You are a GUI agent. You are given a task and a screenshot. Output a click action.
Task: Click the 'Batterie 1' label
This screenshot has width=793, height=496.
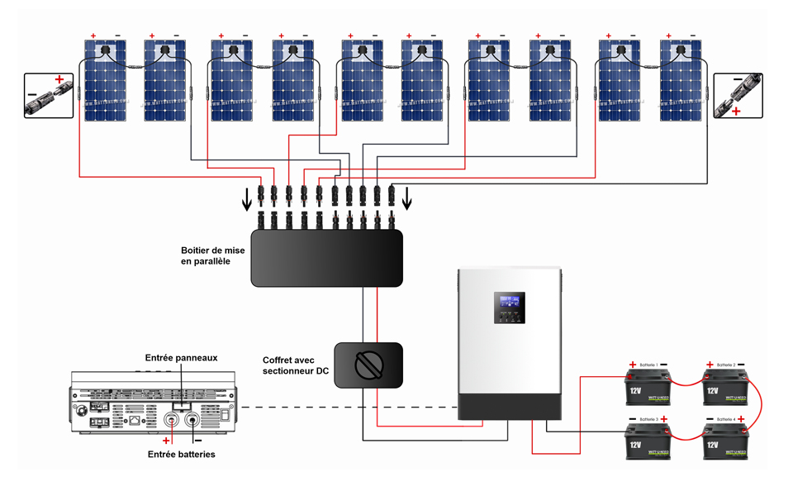point(650,365)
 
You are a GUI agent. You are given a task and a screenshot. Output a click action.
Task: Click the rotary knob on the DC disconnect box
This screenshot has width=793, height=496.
point(368,365)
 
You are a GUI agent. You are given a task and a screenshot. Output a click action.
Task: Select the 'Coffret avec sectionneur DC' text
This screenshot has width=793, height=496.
point(294,366)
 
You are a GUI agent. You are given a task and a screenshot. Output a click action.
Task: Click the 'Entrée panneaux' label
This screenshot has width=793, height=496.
point(181,357)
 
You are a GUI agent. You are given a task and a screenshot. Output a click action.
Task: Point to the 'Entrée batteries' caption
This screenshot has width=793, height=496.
point(181,455)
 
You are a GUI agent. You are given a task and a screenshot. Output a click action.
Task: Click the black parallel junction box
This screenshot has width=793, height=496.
point(326,258)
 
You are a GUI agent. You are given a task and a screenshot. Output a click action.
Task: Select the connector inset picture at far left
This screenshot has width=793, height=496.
point(48,95)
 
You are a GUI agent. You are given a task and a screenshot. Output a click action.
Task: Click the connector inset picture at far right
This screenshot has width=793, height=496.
point(737,95)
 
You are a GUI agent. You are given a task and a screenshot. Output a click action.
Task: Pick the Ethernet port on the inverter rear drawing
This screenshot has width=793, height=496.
point(135,422)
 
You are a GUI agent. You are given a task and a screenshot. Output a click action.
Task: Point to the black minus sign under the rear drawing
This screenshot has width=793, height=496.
point(197,441)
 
